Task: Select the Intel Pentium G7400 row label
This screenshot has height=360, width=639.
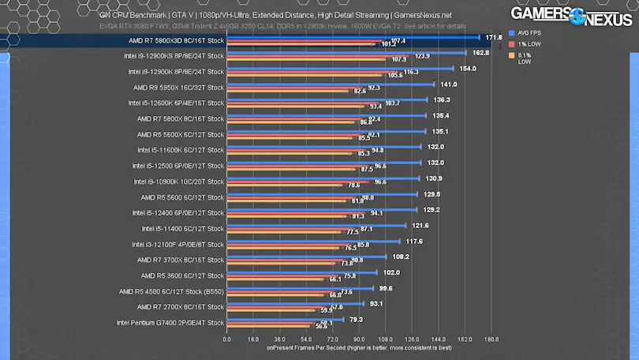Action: (x=170, y=322)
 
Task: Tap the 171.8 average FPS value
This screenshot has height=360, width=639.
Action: (x=495, y=36)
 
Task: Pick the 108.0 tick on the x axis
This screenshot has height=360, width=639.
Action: (x=385, y=339)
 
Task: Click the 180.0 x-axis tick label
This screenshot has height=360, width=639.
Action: (x=491, y=339)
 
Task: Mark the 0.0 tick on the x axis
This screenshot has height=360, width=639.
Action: (x=227, y=339)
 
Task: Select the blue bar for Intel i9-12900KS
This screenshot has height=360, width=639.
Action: (x=346, y=52)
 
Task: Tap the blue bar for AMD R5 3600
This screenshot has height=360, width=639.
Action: (x=302, y=272)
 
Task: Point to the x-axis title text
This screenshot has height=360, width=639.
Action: (x=359, y=348)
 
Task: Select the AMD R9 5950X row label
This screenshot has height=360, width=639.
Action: (x=179, y=87)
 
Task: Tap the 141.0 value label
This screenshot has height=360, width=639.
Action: (x=448, y=84)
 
